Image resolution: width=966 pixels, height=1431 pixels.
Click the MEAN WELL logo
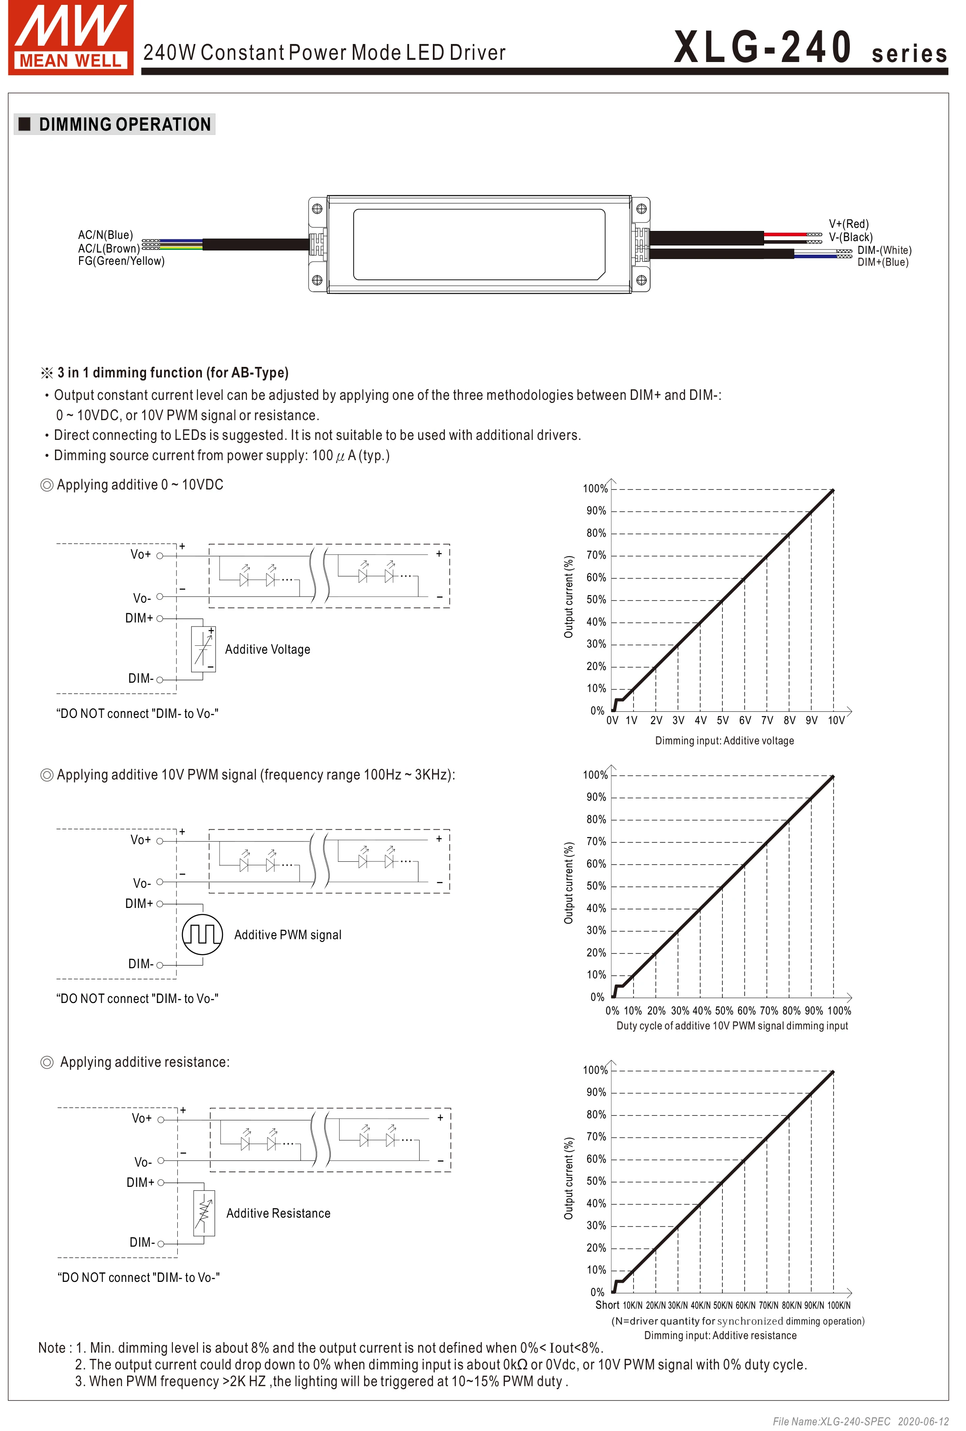pos(70,37)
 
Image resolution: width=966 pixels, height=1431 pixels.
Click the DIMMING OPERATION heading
pos(124,124)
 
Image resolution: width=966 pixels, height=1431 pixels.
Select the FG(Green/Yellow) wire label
pos(121,261)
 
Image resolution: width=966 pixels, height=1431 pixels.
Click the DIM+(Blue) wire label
pos(882,262)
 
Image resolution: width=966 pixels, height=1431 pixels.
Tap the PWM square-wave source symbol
pos(202,934)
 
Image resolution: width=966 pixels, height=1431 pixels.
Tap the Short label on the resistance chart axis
pos(607,1305)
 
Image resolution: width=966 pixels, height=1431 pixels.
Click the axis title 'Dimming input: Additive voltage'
pos(724,741)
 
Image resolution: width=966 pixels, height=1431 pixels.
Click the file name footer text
pos(860,1421)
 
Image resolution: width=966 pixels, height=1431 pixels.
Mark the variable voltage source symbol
pos(203,649)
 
